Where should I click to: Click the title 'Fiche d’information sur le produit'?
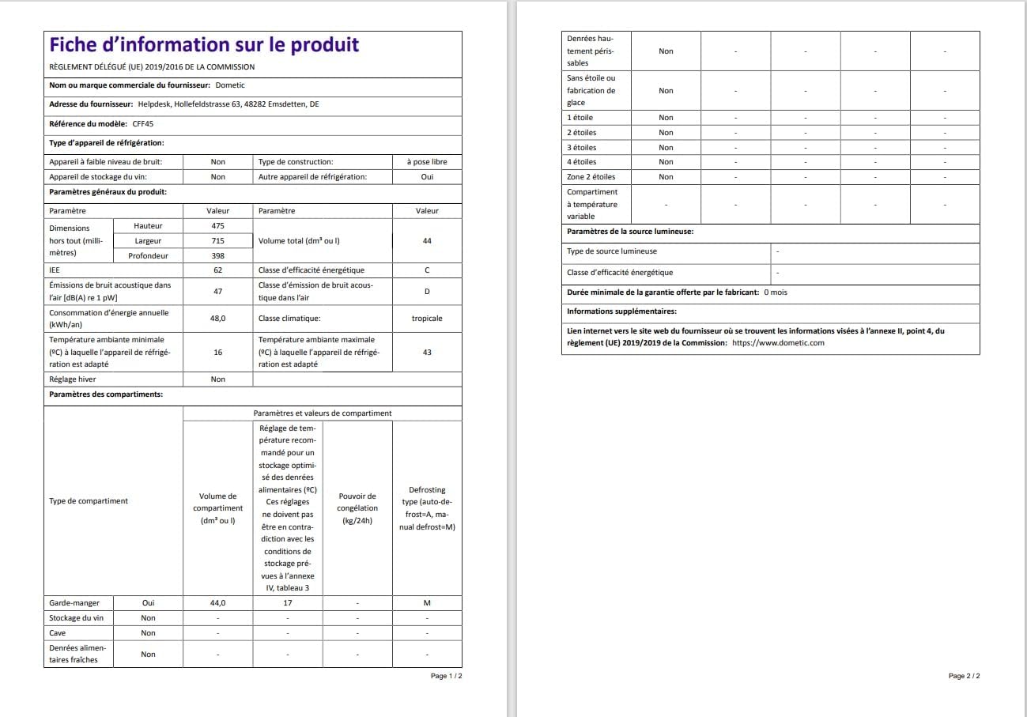point(204,45)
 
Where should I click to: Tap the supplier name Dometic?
point(230,85)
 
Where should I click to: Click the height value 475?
point(218,226)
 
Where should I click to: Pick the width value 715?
point(218,240)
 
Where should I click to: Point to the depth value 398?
point(218,255)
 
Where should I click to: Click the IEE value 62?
point(218,270)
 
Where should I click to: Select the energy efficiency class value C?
point(427,270)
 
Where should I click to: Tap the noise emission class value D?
point(427,291)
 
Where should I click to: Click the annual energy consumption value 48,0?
point(218,319)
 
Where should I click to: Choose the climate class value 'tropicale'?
point(427,319)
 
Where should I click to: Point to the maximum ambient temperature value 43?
point(427,352)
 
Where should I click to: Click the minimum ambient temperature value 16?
point(218,352)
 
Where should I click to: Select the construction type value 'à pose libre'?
point(427,162)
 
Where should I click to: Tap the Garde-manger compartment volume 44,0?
point(218,603)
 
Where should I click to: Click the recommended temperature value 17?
point(288,603)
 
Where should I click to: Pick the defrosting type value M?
point(427,603)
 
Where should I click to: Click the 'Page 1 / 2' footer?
point(446,677)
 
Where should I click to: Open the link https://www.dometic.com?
point(778,343)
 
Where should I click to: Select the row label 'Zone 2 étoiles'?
point(591,177)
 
